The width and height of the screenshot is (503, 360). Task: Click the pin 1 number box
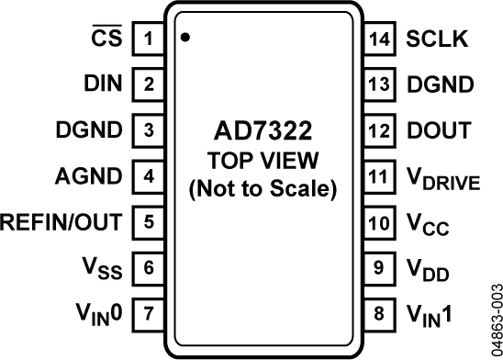point(148,40)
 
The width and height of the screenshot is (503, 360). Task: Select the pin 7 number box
point(148,312)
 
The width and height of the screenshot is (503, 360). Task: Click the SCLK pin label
point(438,40)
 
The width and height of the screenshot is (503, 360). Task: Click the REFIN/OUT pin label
point(62,221)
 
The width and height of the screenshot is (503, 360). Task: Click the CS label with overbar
point(108,39)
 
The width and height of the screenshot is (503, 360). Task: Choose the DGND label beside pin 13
point(441,86)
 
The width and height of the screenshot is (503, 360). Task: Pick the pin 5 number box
point(148,221)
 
